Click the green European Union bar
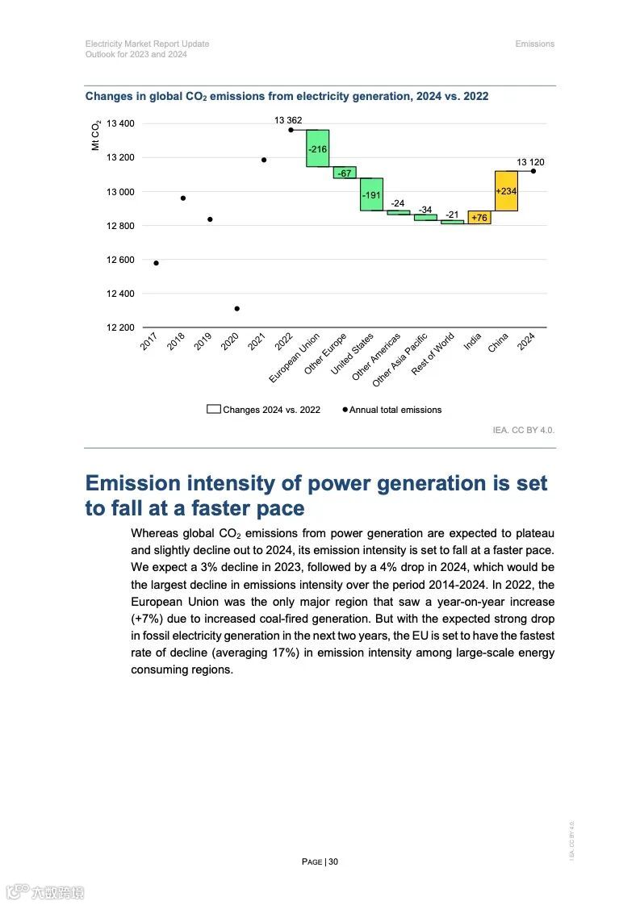(x=317, y=148)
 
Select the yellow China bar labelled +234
(x=506, y=191)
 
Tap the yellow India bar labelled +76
(x=479, y=217)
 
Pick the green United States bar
(x=371, y=194)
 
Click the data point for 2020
(x=236, y=308)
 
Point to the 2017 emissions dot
(x=156, y=263)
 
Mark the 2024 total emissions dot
(x=533, y=171)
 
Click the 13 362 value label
(x=288, y=120)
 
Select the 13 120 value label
(x=530, y=162)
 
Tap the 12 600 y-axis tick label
(x=121, y=260)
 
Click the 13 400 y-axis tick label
(x=121, y=123)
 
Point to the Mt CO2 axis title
(x=95, y=135)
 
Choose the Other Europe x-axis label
(x=327, y=353)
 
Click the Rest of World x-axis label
(x=434, y=353)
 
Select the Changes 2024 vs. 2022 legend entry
(x=264, y=410)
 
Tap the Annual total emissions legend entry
(x=394, y=410)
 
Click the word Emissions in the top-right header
(x=534, y=44)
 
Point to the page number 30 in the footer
(x=333, y=861)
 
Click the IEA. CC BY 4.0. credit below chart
(x=523, y=430)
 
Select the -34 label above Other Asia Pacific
(x=425, y=210)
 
